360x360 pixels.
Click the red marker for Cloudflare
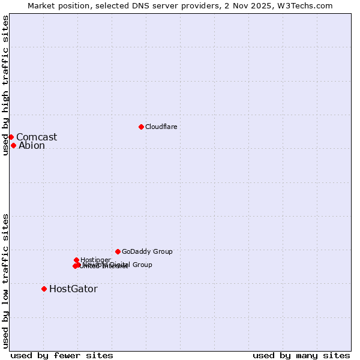[x=141, y=127]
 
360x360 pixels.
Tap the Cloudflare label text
[x=161, y=127]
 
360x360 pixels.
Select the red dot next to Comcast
[x=11, y=137]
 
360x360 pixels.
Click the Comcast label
[x=37, y=137]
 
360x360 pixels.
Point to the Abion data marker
[x=13, y=145]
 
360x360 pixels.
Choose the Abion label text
[x=32, y=146]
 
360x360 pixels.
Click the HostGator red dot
[x=44, y=289]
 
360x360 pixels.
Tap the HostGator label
[x=73, y=289]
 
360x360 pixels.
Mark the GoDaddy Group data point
[x=118, y=251]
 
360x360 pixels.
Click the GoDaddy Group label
[x=147, y=252]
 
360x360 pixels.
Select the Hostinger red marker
[x=77, y=260]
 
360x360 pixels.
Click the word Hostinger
[x=96, y=260]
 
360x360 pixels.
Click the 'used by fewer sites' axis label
[x=62, y=355]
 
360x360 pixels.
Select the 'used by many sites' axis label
[x=301, y=355]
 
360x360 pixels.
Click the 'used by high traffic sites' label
[x=5, y=86]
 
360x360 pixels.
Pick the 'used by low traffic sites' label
[x=5, y=281]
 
